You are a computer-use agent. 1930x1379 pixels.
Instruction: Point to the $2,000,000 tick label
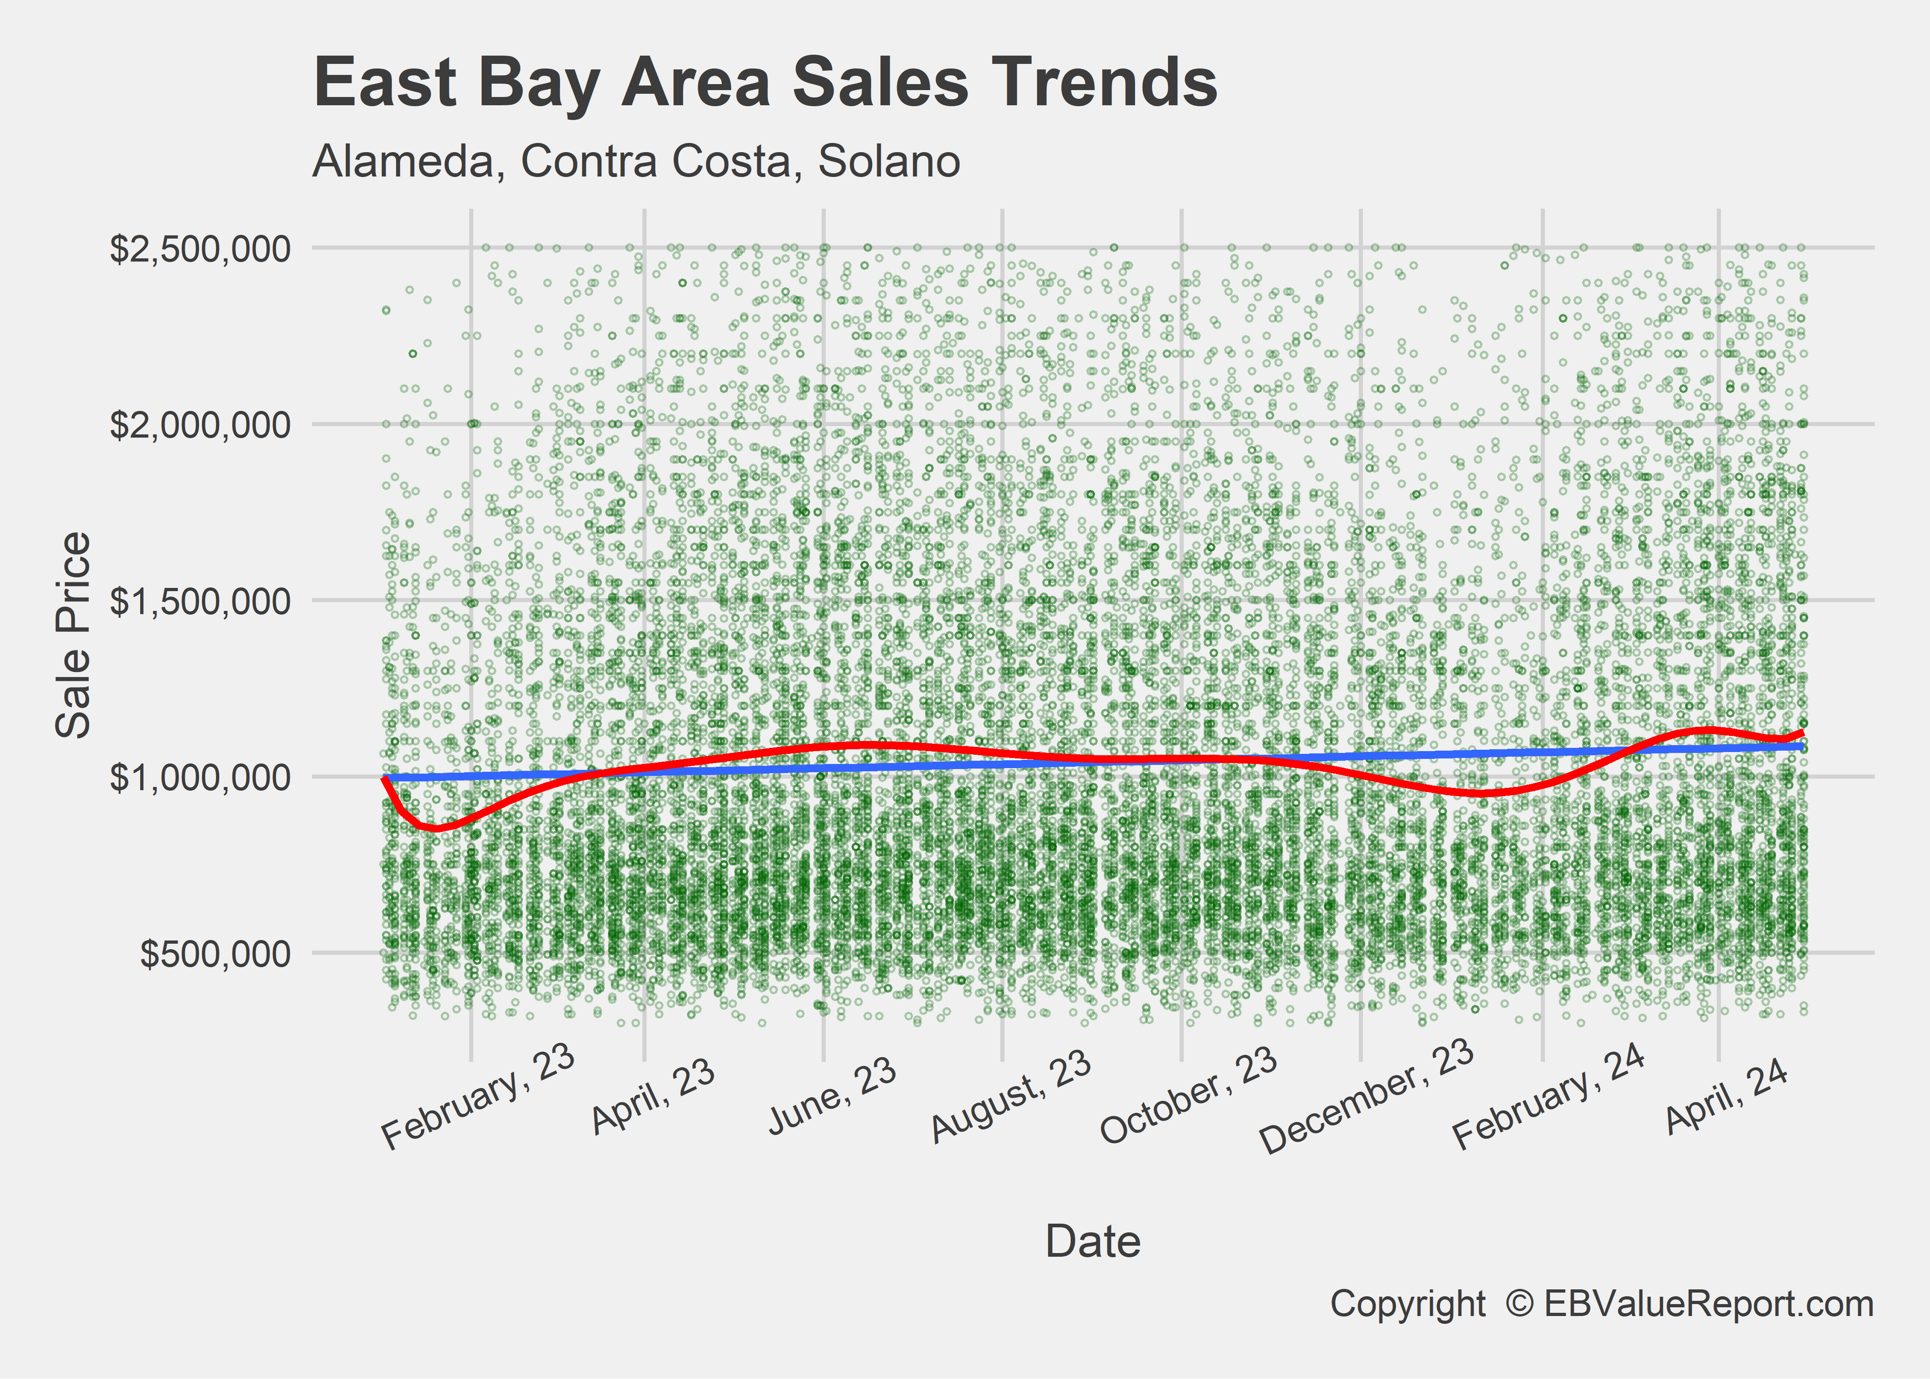[200, 425]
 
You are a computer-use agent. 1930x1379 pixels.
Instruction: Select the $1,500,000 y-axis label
[200, 601]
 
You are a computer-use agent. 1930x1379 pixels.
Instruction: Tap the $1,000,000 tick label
[200, 777]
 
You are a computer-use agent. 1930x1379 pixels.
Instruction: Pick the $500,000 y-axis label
[216, 954]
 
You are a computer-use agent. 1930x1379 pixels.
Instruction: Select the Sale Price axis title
[73, 635]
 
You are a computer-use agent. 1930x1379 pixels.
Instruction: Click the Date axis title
[1093, 1242]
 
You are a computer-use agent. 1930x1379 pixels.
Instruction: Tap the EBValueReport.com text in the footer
[1709, 1304]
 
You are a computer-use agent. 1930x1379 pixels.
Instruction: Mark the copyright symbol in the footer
[1519, 1304]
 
